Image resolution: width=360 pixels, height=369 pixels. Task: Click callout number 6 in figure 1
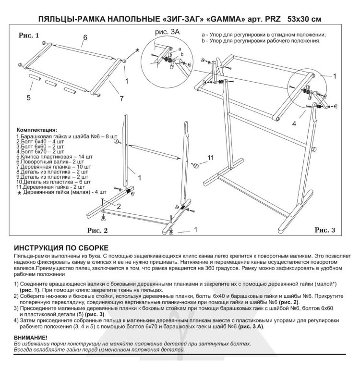(x=84, y=37)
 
